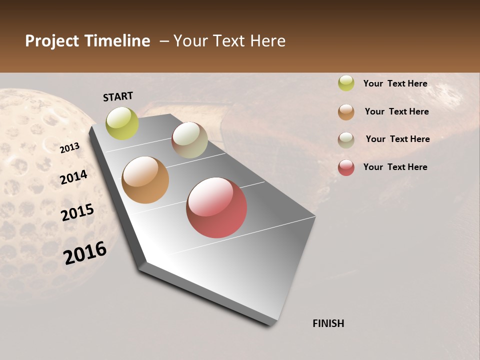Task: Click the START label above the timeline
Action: coord(118,96)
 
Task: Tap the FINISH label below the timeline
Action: coord(328,323)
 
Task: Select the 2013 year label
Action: coord(70,147)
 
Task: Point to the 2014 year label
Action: coord(74,177)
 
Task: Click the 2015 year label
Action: coord(77,212)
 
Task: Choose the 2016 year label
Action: coord(85,252)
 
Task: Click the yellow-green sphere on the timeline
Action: coord(122,123)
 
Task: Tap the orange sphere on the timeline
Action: coord(145,180)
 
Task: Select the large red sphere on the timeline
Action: coord(216,207)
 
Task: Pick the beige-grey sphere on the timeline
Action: coord(189,140)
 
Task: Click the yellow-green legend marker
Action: coord(346,83)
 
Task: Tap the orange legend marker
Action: coord(346,111)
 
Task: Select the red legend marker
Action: coord(346,167)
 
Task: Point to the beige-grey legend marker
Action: coord(346,139)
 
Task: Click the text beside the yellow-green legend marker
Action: coord(395,83)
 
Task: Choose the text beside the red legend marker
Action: coord(395,167)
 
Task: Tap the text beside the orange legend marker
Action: coord(396,111)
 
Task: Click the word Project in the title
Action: coord(52,41)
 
